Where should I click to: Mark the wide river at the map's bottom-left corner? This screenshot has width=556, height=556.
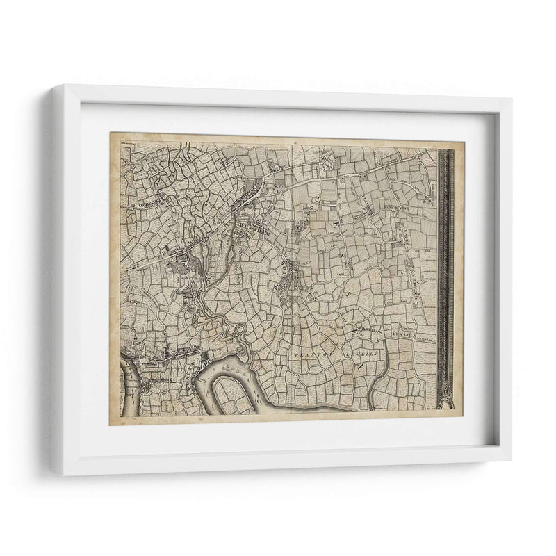tap(129, 389)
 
